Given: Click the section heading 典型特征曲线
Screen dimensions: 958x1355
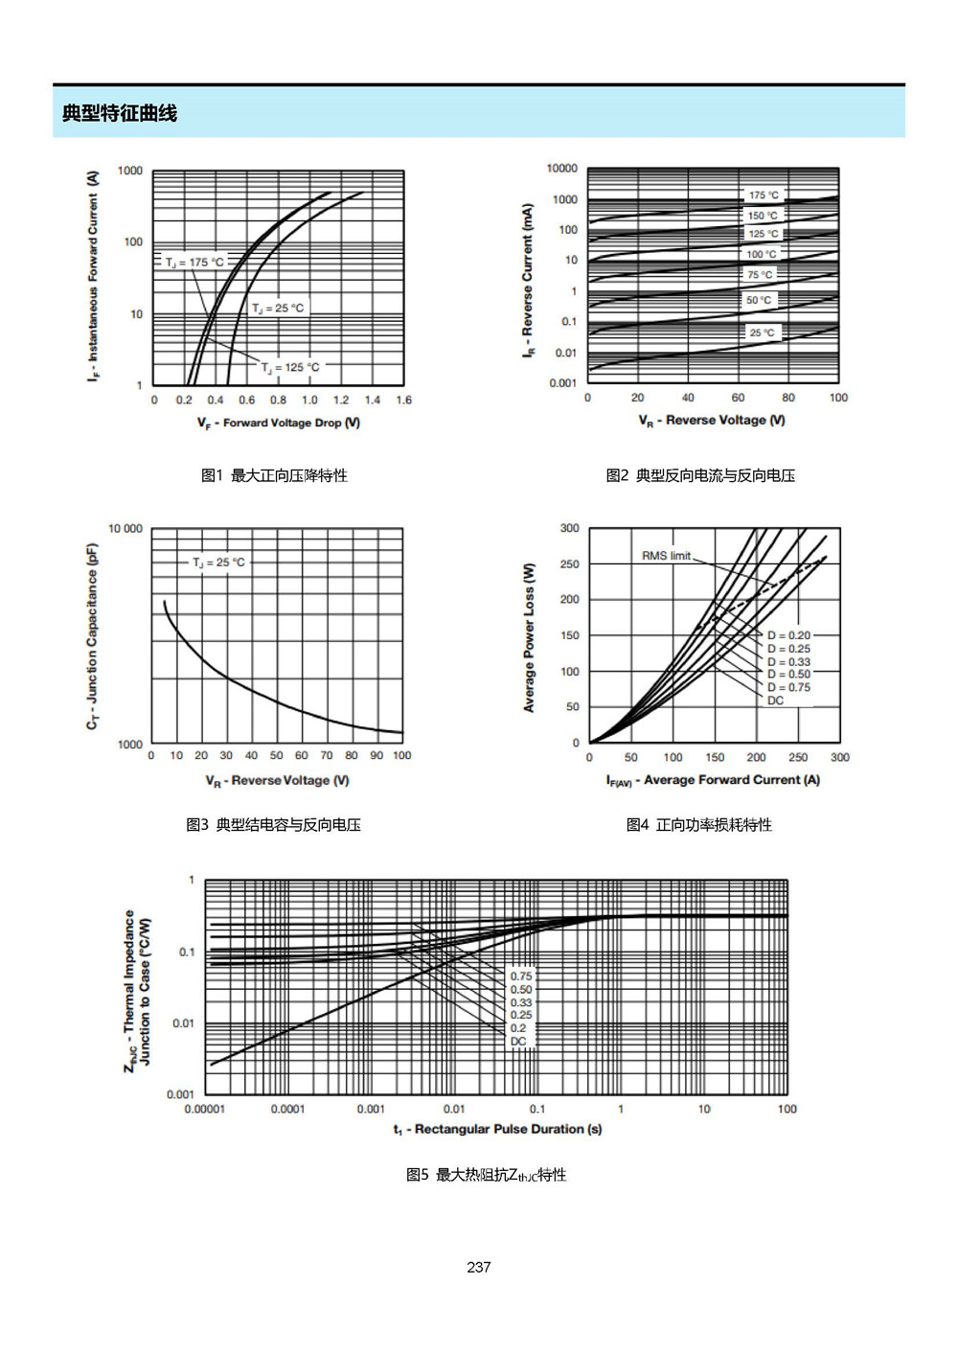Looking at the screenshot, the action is click(x=119, y=113).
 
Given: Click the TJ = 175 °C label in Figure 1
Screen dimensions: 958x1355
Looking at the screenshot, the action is click(x=194, y=263).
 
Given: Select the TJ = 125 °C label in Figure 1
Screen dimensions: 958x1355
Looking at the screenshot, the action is click(x=290, y=367).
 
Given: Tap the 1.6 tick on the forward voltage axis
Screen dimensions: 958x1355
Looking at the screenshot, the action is click(x=404, y=400).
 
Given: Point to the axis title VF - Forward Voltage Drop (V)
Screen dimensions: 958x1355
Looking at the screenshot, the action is click(x=279, y=423).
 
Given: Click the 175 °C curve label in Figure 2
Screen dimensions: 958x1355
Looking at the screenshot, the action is click(x=764, y=195).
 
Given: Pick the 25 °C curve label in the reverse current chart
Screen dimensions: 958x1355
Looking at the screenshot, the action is click(x=762, y=333).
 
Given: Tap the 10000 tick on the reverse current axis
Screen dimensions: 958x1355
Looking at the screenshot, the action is click(x=561, y=168).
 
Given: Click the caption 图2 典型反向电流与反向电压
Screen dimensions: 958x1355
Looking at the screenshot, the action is click(x=700, y=475).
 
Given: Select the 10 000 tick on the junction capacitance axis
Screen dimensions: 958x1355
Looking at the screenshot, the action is click(x=125, y=529).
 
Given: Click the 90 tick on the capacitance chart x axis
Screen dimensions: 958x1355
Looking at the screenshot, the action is click(x=376, y=755).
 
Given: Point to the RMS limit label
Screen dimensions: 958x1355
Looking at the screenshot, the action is click(x=666, y=556).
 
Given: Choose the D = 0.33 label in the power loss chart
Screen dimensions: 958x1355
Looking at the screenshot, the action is click(x=788, y=662).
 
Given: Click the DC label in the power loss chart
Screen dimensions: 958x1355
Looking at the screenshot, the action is click(x=775, y=700).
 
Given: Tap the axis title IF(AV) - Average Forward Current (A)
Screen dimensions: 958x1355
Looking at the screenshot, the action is click(x=713, y=780).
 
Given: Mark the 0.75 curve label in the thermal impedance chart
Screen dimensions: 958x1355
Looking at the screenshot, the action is click(x=521, y=976).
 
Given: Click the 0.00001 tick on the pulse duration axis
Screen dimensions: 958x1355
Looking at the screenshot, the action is click(x=204, y=1109).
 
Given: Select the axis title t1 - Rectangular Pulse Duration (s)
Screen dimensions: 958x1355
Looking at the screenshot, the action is click(x=498, y=1130).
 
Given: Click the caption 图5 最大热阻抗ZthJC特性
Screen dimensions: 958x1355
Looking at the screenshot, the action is click(x=487, y=1175).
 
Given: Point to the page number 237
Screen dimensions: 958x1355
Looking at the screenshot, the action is click(x=479, y=1267).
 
